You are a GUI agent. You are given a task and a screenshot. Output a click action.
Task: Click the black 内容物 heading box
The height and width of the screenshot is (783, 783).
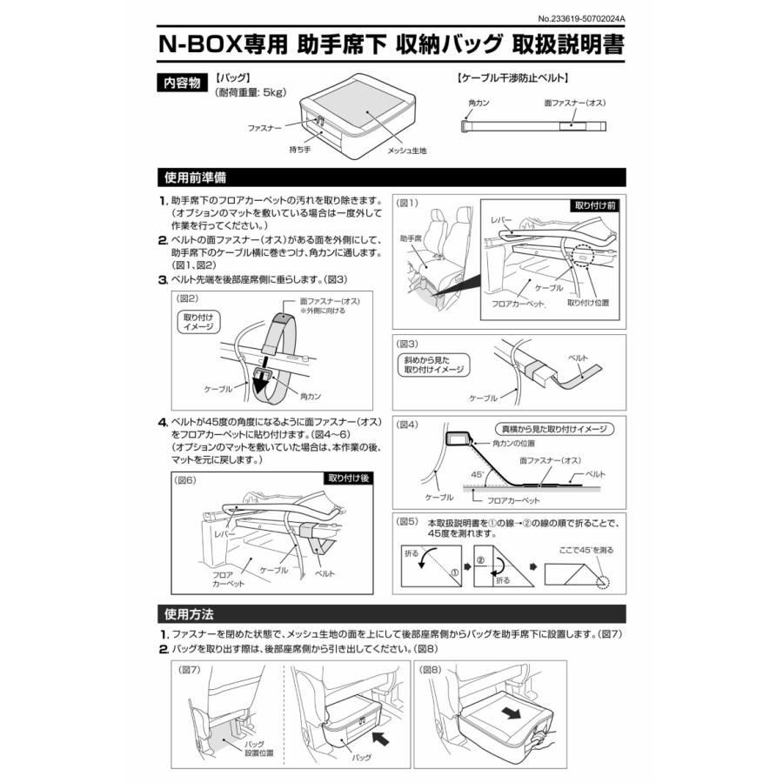click(182, 84)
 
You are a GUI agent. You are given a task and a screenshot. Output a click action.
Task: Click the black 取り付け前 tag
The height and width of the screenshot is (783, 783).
click(596, 206)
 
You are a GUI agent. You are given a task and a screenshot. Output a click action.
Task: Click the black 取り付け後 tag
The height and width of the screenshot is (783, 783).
click(351, 478)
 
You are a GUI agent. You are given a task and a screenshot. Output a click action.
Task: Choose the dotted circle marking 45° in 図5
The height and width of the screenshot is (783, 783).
click(601, 580)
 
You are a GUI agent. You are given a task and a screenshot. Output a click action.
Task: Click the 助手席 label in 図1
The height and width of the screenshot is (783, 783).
click(411, 237)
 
